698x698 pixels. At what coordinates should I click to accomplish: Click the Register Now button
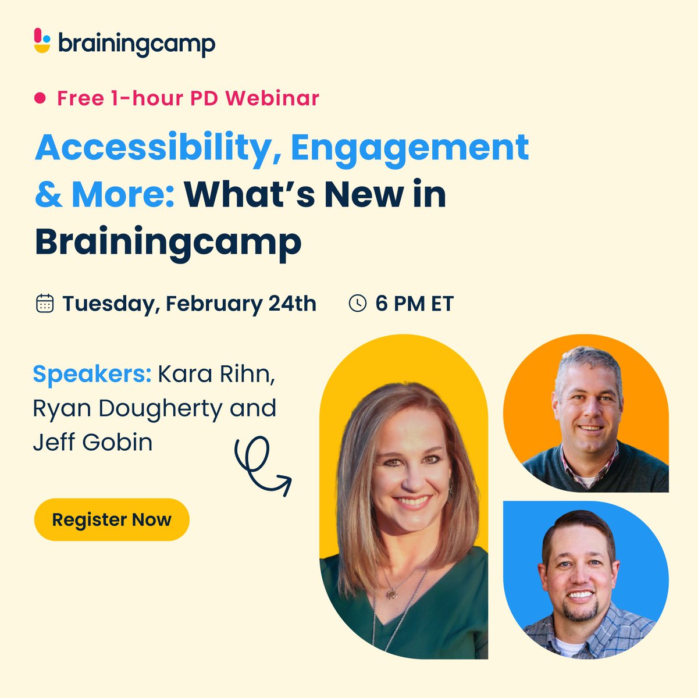tap(112, 519)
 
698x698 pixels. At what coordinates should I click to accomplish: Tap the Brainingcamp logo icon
tap(42, 41)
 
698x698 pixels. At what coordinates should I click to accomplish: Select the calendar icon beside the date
tap(45, 304)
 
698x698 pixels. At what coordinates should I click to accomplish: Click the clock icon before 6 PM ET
tap(357, 303)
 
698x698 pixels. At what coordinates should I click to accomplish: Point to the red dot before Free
tap(40, 98)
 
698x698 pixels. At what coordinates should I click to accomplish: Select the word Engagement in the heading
tap(409, 149)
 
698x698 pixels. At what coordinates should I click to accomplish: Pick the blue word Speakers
tap(92, 374)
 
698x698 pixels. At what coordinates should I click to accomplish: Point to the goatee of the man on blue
tap(579, 611)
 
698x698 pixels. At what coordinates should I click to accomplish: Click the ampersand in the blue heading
tap(49, 195)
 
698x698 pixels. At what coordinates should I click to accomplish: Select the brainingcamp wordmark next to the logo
tap(137, 44)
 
